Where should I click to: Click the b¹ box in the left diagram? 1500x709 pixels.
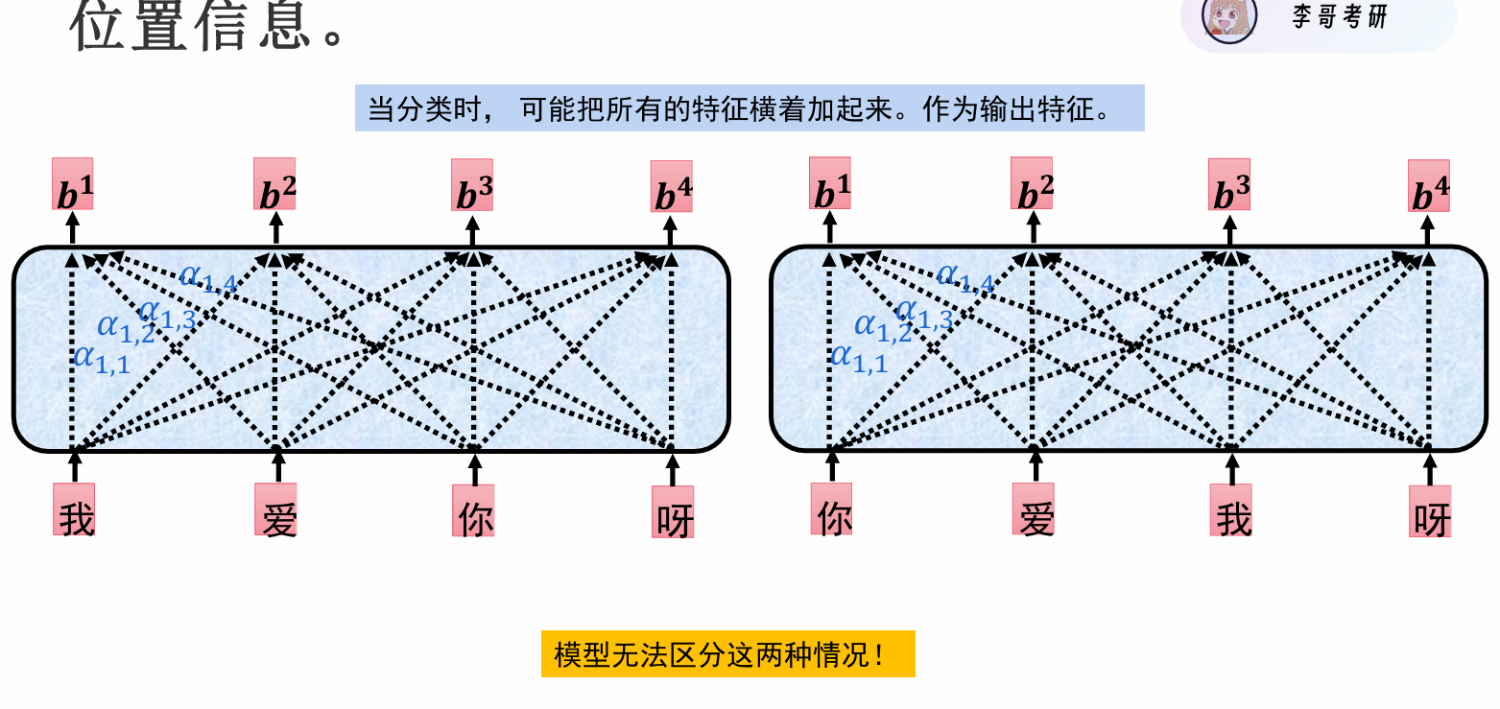point(73,184)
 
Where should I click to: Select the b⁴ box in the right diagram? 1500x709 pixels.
point(1429,186)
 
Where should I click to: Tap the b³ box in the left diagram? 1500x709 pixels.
point(472,185)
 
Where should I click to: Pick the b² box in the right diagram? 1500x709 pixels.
point(1032,184)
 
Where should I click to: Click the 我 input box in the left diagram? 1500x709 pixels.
point(74,509)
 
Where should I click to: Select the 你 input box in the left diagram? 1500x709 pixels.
point(473,510)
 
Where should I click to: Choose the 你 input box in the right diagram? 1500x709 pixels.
point(831,509)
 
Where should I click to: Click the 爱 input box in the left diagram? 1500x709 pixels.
point(275,510)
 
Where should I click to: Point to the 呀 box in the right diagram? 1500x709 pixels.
point(1430,511)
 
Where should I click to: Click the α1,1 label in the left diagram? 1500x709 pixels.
point(101,360)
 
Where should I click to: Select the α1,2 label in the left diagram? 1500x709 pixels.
point(125,328)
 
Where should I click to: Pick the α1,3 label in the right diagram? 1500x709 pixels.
point(923,314)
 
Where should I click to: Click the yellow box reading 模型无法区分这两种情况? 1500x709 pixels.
point(727,654)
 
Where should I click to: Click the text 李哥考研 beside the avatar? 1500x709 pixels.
point(1339,16)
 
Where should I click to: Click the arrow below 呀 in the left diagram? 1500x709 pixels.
point(672,468)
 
